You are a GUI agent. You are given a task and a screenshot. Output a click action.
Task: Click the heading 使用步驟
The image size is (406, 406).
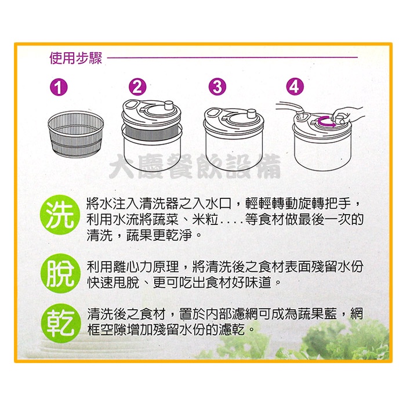click(75, 58)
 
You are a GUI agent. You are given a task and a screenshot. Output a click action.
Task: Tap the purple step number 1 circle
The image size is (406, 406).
click(59, 87)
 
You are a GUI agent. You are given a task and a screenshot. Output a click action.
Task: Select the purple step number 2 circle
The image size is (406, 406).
click(137, 87)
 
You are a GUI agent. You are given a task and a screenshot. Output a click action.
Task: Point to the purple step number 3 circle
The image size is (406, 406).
click(217, 87)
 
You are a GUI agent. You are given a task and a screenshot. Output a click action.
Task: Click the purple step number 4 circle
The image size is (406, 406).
click(295, 87)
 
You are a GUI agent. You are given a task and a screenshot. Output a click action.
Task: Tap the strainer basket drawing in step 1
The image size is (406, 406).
click(76, 134)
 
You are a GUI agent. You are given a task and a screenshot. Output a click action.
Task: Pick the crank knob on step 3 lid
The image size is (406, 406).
click(251, 114)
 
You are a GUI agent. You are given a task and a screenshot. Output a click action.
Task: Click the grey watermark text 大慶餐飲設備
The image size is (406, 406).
click(195, 166)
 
